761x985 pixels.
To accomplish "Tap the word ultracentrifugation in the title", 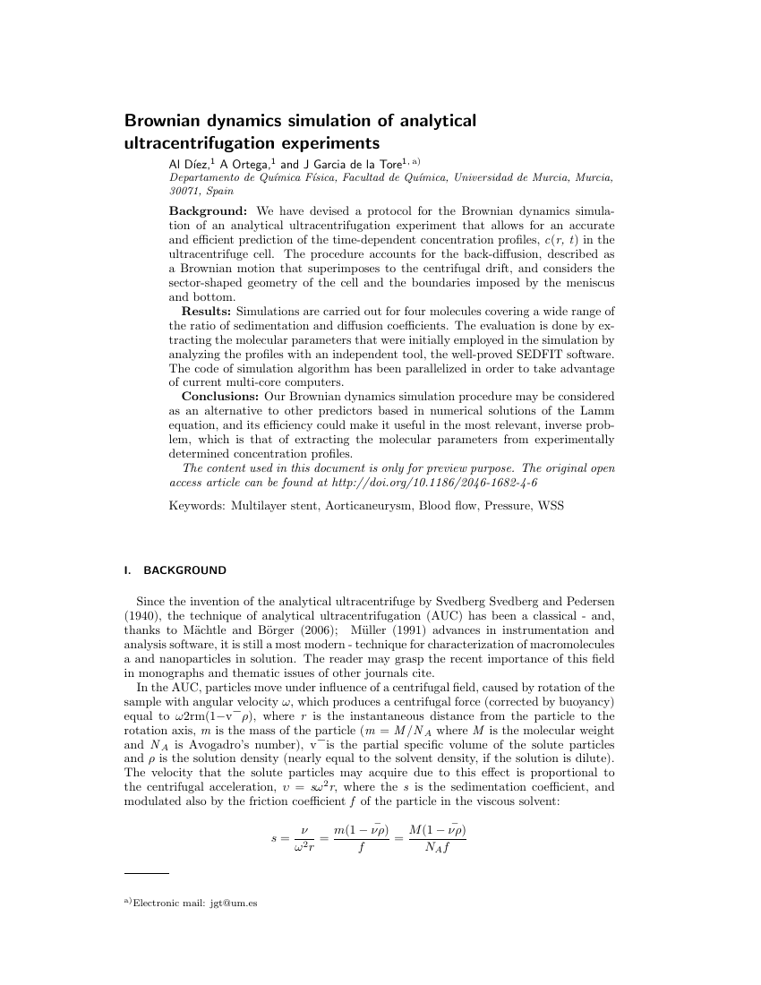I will point(192,143).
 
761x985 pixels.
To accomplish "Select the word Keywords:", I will point(197,506).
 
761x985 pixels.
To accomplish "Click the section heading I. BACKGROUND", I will point(175,570).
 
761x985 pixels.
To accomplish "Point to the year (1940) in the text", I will point(144,613).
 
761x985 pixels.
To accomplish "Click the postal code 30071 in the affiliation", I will point(185,191).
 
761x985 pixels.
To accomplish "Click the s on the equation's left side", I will point(273,838).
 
